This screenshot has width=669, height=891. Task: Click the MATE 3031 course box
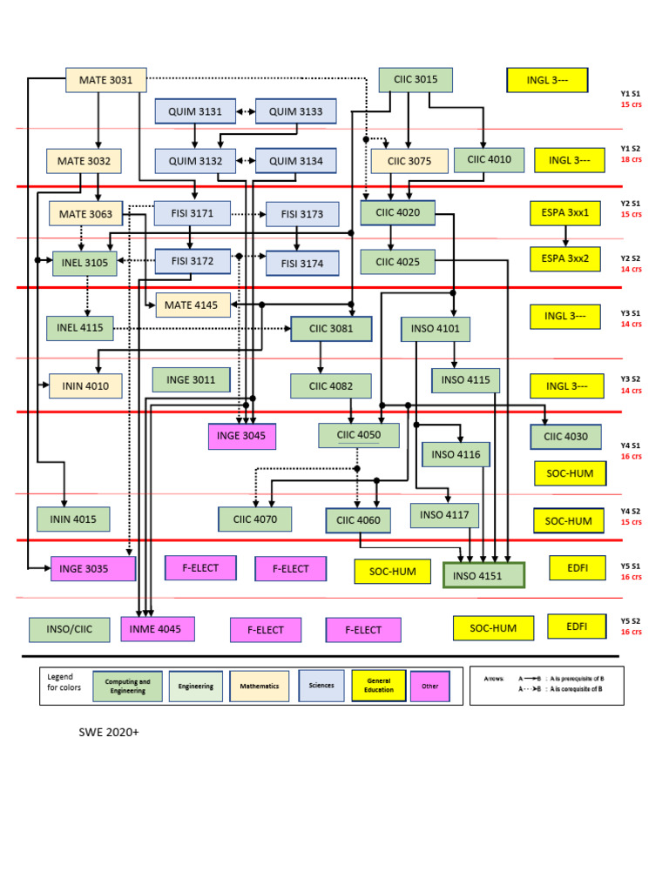(106, 80)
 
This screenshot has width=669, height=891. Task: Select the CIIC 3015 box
(416, 79)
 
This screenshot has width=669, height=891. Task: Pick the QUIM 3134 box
(294, 161)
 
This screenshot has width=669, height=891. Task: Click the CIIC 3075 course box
(409, 161)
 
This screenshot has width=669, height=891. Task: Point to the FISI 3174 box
(294, 263)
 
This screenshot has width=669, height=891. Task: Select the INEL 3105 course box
(84, 263)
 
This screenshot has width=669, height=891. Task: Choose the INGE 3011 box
(191, 380)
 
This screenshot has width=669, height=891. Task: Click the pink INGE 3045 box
(241, 436)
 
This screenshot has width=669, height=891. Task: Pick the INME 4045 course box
(158, 629)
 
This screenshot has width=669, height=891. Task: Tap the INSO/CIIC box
(69, 629)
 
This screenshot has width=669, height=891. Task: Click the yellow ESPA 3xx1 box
(565, 212)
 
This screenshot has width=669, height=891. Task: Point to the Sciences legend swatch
(321, 686)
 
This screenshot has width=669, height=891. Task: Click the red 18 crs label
(631, 159)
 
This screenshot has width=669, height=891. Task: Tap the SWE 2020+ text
(109, 733)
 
